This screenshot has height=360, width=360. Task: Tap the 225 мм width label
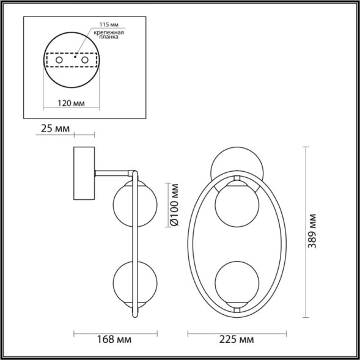[x=237, y=339]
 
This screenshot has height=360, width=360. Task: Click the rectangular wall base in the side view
[x=84, y=174]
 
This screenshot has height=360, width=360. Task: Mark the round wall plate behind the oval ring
[x=237, y=160]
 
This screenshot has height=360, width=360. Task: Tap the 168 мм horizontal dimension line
[x=116, y=334]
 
